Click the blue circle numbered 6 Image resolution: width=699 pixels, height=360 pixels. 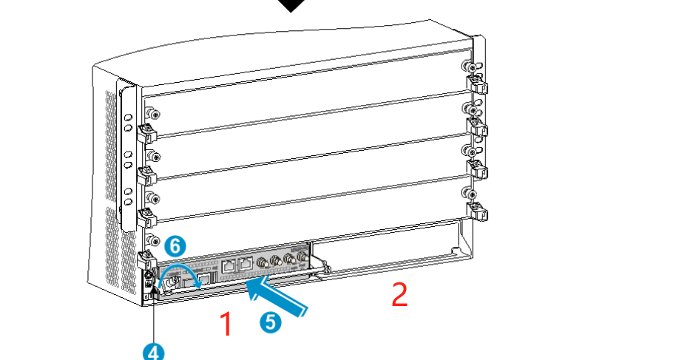175,246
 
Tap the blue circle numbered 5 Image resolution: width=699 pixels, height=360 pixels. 271,322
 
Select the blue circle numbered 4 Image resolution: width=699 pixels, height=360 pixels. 153,353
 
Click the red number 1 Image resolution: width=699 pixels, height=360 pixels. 227,324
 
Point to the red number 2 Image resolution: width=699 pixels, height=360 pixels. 400,294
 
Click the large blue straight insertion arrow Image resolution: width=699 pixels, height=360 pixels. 277,297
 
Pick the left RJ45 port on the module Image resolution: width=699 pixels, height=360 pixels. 229,266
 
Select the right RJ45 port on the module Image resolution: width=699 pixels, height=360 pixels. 246,264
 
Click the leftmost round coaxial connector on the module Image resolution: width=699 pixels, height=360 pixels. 262,262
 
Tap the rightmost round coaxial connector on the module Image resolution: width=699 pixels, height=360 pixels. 303,257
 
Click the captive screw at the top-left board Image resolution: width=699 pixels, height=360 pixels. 153,114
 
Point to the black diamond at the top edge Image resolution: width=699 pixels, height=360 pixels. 292,5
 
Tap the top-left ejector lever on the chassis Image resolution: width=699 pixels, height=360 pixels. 146,132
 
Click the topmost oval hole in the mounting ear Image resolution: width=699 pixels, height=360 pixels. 129,118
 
